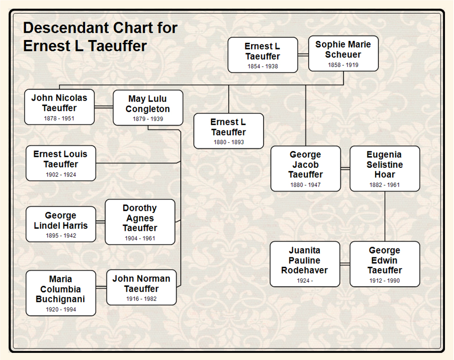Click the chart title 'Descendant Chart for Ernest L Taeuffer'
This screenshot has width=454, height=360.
coord(100,37)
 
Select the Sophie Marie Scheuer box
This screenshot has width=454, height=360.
coord(343,53)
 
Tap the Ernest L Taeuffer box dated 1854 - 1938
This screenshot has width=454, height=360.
coord(262,55)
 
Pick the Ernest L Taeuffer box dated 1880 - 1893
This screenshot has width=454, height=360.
coord(229,130)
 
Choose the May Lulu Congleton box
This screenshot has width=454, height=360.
coord(148,107)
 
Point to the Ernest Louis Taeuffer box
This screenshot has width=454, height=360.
coord(61,163)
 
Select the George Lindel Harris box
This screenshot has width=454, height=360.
coord(61,224)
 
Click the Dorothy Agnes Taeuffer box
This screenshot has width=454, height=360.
coord(140,222)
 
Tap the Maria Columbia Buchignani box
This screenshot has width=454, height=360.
coord(61,292)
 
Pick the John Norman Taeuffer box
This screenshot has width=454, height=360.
coord(141,287)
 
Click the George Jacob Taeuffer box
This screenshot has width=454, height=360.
coord(306,168)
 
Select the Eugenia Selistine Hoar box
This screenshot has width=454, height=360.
coord(385,168)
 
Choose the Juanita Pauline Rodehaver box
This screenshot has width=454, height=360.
coord(305,264)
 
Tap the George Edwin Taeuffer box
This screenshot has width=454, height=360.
coord(385,264)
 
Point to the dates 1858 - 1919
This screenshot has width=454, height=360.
coord(343,65)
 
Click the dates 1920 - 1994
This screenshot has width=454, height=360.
coord(61,310)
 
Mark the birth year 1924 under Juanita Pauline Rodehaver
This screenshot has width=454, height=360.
coord(302,281)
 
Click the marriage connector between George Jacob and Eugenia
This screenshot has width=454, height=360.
coord(345,168)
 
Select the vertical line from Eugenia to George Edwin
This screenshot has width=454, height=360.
coord(385,216)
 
